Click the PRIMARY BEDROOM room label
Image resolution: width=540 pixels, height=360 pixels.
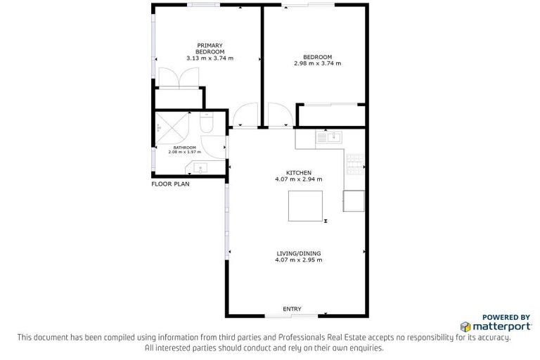click(x=210, y=49)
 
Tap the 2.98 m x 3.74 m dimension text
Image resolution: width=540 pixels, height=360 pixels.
click(x=317, y=63)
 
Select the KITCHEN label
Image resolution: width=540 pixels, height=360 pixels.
click(x=298, y=173)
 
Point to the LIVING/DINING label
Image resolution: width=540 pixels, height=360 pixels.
click(x=298, y=255)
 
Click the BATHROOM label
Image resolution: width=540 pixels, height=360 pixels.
click(x=185, y=147)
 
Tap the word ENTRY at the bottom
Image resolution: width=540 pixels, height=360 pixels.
click(x=292, y=309)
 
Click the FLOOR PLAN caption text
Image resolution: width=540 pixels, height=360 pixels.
click(x=170, y=184)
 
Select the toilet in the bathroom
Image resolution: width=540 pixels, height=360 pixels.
click(x=207, y=124)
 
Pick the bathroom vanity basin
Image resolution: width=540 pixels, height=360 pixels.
click(x=198, y=168)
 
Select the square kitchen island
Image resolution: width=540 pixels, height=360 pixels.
click(x=305, y=205)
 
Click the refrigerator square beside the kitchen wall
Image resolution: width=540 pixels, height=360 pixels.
click(x=354, y=201)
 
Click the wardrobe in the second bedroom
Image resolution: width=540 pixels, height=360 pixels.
click(x=331, y=115)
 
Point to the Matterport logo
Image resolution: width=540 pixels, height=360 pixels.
click(x=491, y=327)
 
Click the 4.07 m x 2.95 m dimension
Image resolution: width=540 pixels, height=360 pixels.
click(x=298, y=261)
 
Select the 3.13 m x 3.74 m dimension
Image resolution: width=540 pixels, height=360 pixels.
click(x=210, y=58)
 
